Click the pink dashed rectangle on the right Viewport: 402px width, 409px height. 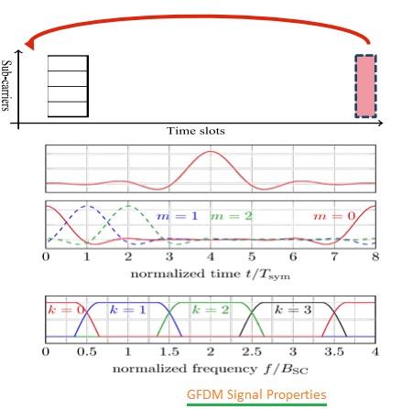[365, 85]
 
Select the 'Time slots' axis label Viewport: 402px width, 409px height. [195, 131]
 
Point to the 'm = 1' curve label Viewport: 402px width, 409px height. [173, 215]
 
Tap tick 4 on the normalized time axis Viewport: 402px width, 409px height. [211, 258]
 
